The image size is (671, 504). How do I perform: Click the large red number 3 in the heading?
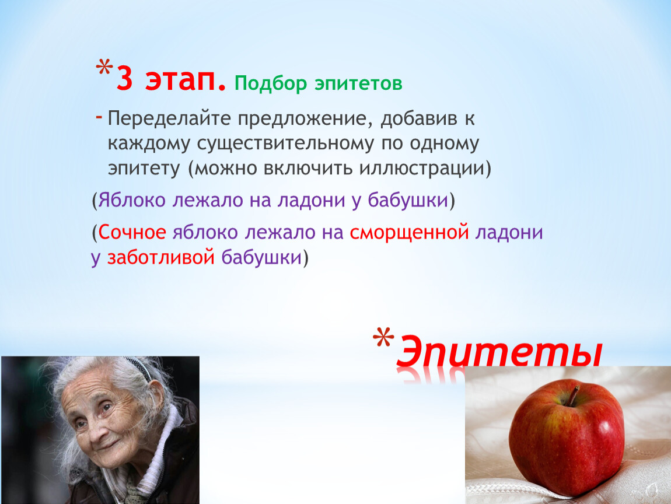pos(124,79)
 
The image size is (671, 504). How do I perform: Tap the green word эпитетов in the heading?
pos(359,83)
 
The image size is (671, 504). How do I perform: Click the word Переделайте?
pos(169,119)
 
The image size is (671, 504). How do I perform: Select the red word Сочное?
pos(132,232)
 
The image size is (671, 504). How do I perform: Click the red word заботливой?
pos(160,258)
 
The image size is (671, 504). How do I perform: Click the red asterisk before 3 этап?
pos(104,68)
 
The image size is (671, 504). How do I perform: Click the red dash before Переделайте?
pos(99,116)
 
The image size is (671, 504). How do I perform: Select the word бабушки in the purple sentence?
pos(407,200)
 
